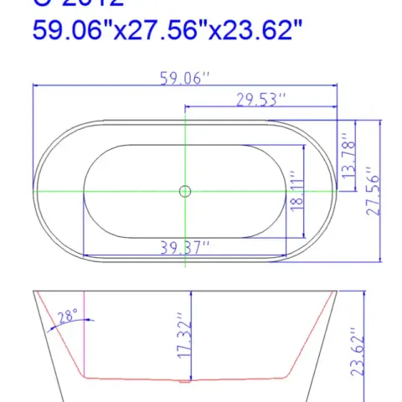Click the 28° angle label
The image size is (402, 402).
[x=68, y=317]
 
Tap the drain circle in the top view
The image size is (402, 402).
[x=184, y=191]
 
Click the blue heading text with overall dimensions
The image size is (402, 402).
[x=167, y=31]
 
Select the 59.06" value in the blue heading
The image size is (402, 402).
[x=70, y=31]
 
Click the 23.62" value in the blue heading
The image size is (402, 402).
[x=265, y=31]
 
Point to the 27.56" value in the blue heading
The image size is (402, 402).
[x=167, y=31]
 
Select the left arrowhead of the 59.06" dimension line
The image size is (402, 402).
[x=36, y=85]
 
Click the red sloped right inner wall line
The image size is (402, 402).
[x=309, y=335]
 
